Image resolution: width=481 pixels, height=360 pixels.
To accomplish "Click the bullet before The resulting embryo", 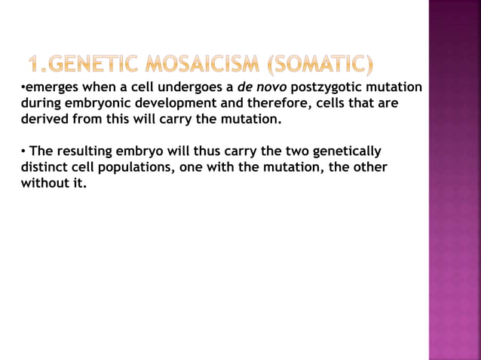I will click(x=23, y=151).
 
